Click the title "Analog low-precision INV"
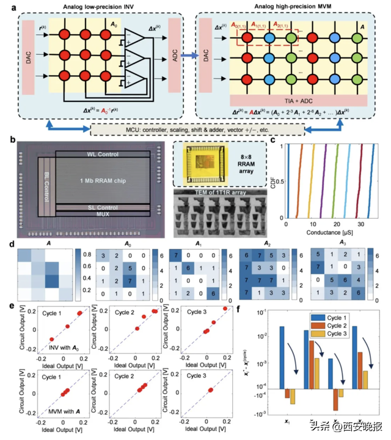(95, 7)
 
